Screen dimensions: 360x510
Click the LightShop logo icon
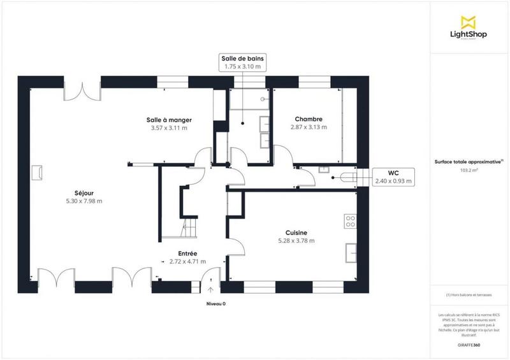click(469, 21)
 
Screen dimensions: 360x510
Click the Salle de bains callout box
click(243, 62)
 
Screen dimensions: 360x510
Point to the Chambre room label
click(308, 119)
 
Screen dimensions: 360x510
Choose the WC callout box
click(393, 176)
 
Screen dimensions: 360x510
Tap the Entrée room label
click(187, 253)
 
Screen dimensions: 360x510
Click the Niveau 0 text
click(216, 303)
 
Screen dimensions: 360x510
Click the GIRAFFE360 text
click(469, 345)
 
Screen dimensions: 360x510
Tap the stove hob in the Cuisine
click(350, 221)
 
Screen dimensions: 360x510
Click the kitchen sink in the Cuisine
click(351, 253)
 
